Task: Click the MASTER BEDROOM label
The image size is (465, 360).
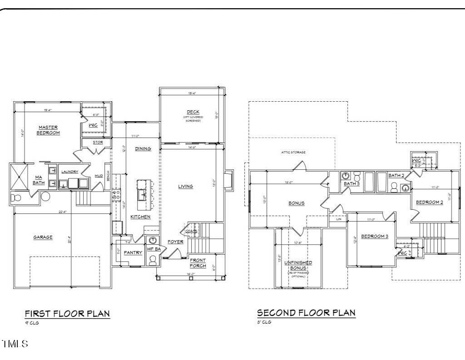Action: pos(48,130)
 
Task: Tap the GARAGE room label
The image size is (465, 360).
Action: pos(43,237)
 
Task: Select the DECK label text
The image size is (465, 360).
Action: pos(193,112)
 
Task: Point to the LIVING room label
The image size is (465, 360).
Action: pos(185,186)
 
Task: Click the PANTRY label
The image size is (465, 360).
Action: pos(133,252)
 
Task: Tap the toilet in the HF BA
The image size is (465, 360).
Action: pos(153,259)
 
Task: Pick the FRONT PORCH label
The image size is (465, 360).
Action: pos(198,263)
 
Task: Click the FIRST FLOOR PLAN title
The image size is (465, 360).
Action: pos(67,313)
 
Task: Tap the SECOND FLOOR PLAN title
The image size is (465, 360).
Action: pos(306,313)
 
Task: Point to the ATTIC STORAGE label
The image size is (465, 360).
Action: pos(293,153)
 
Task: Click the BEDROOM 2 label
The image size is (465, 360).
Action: pos(430,202)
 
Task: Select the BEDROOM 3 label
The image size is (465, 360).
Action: pos(375,236)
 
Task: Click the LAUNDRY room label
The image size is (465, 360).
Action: pos(70,172)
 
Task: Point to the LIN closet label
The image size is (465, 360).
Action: pos(338,219)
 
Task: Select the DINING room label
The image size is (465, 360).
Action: pos(143,148)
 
